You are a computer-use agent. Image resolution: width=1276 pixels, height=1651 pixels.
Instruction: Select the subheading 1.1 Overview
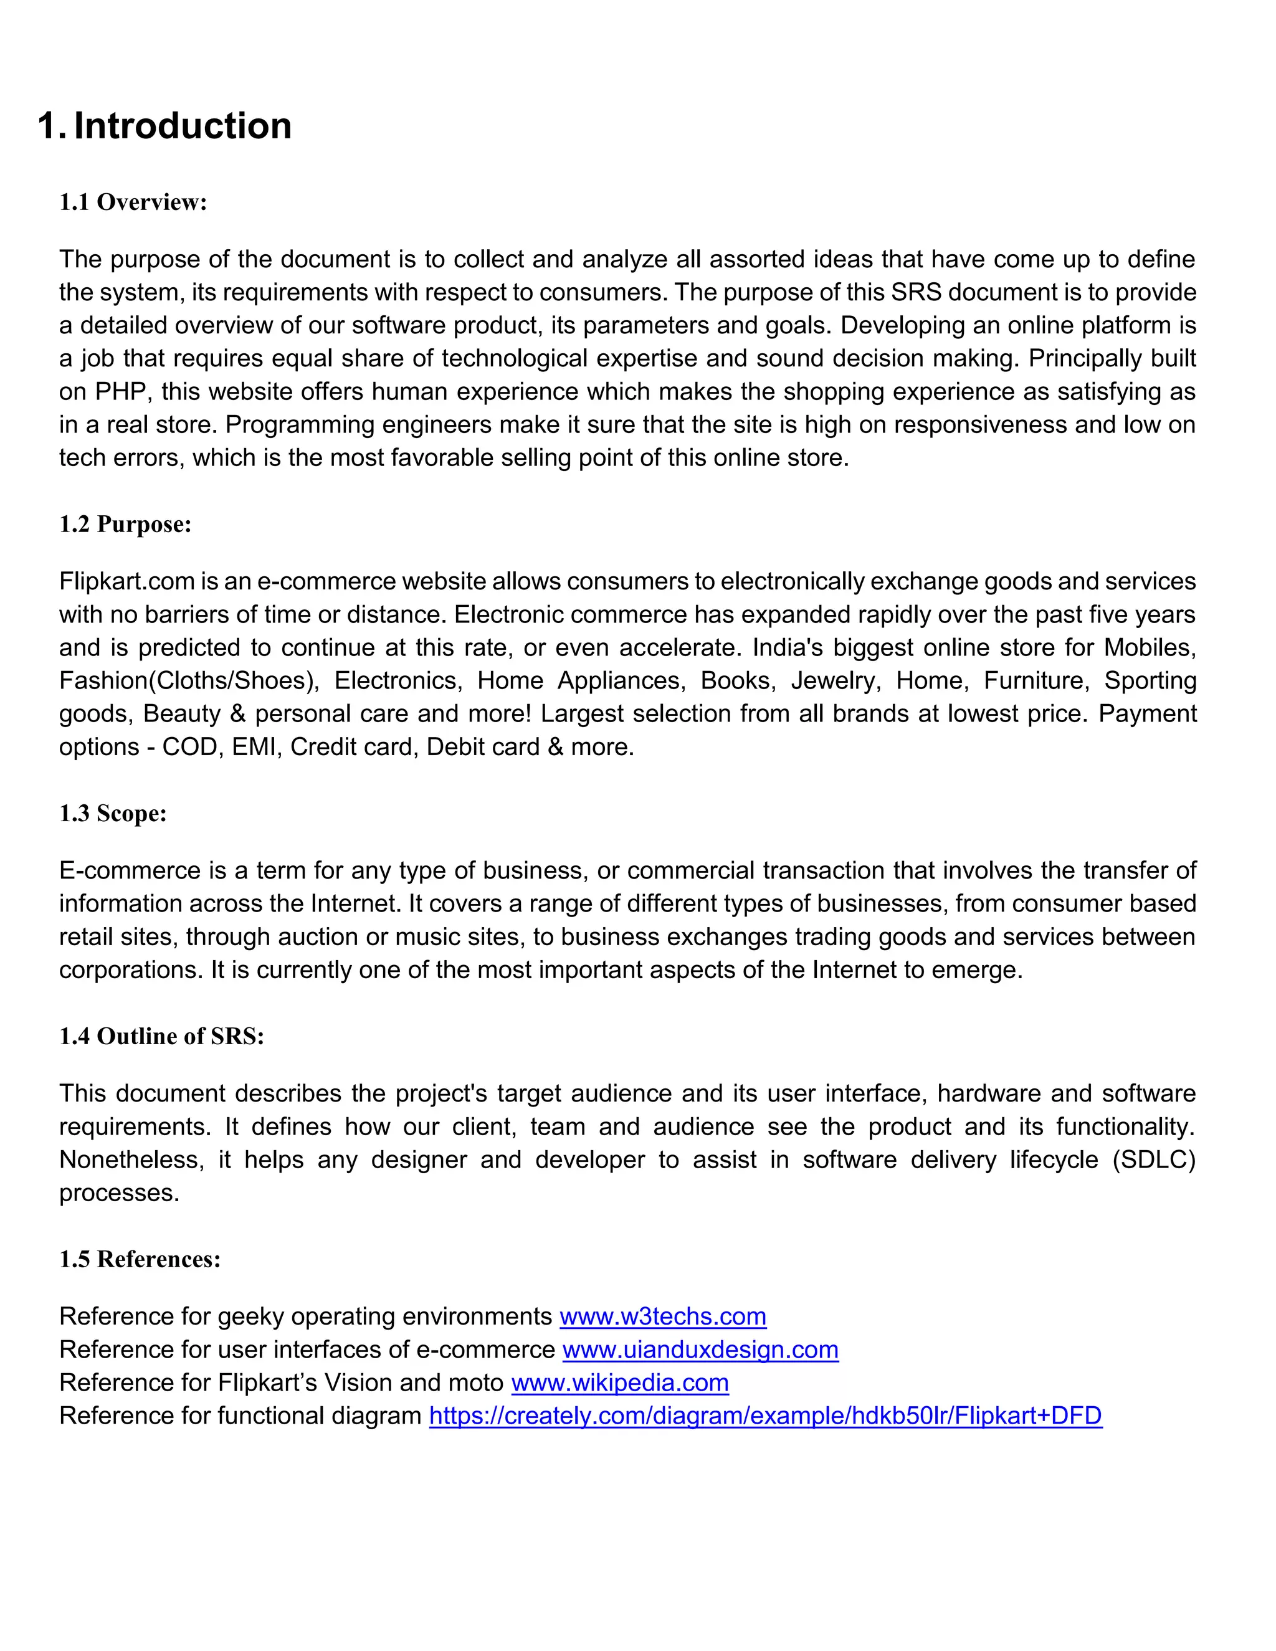point(133,202)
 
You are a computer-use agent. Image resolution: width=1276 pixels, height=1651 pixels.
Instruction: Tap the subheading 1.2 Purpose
point(125,524)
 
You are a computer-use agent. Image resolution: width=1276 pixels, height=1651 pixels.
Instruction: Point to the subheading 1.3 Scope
point(113,814)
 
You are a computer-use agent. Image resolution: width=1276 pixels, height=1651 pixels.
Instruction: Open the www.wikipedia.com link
point(620,1382)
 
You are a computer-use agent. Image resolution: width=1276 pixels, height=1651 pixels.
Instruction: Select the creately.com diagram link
point(765,1416)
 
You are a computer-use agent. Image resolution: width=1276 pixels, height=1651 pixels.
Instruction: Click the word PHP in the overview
point(120,392)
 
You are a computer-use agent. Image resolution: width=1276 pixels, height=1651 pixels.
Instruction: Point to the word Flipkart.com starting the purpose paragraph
point(127,581)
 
